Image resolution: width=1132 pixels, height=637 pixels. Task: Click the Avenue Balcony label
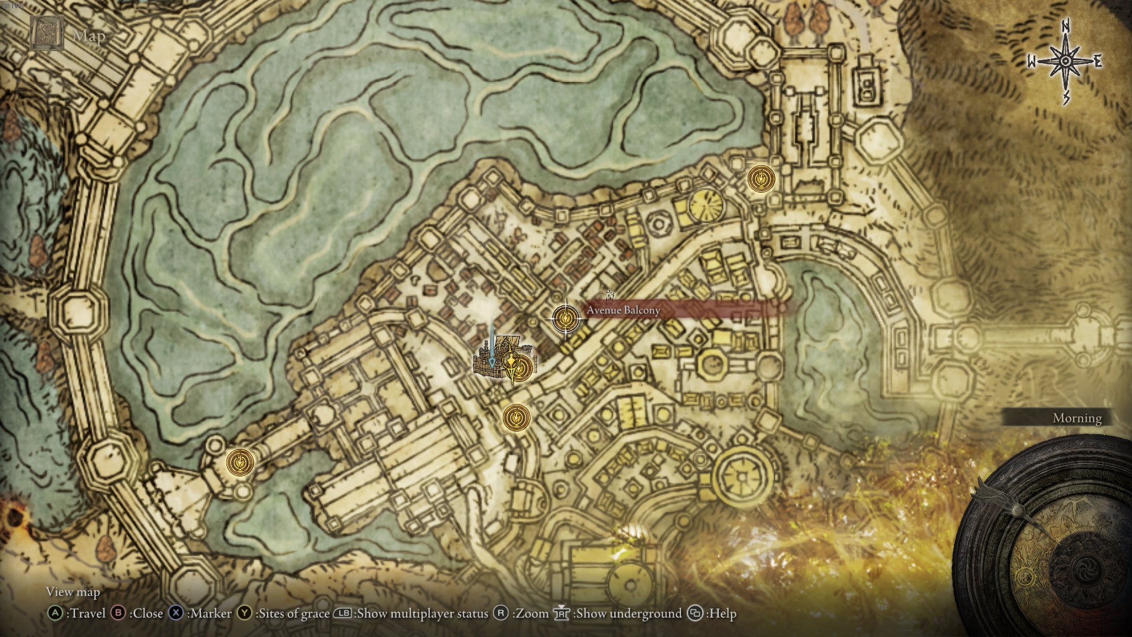(623, 310)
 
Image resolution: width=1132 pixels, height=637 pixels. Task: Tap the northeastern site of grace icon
(761, 178)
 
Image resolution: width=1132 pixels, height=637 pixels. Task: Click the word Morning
(1077, 418)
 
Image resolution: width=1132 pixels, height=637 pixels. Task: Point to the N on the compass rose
(1066, 27)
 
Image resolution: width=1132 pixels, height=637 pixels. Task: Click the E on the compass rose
(1098, 61)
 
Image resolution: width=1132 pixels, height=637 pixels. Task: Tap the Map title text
(89, 36)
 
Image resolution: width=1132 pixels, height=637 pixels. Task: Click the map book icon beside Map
(47, 34)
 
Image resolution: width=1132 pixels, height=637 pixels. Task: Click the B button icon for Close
(119, 613)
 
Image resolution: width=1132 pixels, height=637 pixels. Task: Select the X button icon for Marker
(176, 613)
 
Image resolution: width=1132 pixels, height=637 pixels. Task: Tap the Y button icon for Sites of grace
(245, 613)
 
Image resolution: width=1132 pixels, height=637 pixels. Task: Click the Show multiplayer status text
(422, 613)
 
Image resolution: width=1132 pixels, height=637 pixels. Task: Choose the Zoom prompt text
(532, 613)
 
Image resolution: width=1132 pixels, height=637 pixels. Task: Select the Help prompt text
(722, 613)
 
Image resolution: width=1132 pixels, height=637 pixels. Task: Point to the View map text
(73, 592)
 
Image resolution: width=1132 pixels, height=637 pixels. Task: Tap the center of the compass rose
(1066, 61)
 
